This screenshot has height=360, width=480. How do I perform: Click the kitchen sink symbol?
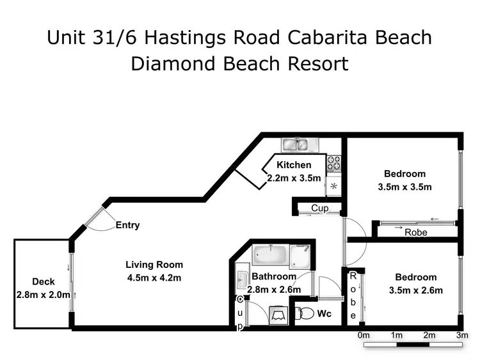(x=295, y=145)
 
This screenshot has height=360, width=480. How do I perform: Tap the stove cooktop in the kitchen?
(x=333, y=164)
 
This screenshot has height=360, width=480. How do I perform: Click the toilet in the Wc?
(x=305, y=314)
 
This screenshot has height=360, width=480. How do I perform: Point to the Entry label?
(x=127, y=225)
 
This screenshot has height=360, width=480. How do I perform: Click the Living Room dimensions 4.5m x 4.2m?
(x=154, y=277)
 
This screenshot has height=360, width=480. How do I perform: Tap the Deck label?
(x=43, y=281)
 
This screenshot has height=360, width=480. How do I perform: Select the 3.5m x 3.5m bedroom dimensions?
(x=404, y=187)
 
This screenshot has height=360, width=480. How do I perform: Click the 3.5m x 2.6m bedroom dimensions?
(x=415, y=290)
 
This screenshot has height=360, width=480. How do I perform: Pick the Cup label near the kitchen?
(x=319, y=208)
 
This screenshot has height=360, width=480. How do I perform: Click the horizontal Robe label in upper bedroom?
(x=415, y=233)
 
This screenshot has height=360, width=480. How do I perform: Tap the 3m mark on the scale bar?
(x=462, y=335)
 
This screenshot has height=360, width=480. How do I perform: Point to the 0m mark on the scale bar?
(x=364, y=335)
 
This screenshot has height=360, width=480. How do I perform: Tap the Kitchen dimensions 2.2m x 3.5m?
(x=294, y=178)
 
